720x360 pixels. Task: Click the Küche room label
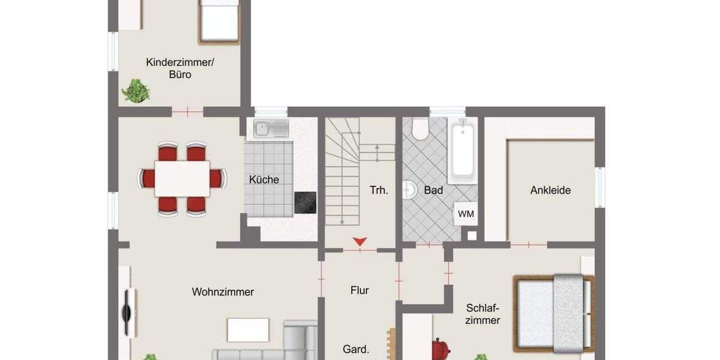[x=264, y=179]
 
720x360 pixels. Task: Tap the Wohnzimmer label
[x=223, y=292]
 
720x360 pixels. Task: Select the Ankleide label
[x=550, y=190]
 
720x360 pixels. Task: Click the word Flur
[x=359, y=290]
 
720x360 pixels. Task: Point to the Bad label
[x=433, y=190]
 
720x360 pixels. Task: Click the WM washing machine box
[x=466, y=214]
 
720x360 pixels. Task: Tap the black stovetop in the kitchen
[x=305, y=203]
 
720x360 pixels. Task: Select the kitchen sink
[x=271, y=128]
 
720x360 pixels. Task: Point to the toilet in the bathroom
[x=420, y=128]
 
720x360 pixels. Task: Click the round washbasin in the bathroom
[x=410, y=190]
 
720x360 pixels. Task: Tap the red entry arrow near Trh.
[x=359, y=242]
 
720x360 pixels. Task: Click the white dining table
[x=182, y=178]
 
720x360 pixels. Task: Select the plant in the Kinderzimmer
[x=136, y=91]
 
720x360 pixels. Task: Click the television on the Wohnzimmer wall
[x=127, y=313]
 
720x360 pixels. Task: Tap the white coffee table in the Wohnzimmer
[x=248, y=329]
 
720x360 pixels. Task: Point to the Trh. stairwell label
[x=379, y=190]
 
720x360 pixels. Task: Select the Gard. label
[x=356, y=349]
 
